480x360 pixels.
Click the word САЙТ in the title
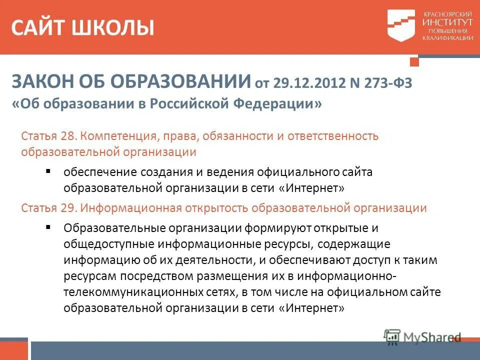click(39, 27)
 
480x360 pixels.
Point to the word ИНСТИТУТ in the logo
click(447, 23)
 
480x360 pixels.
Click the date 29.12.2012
click(308, 83)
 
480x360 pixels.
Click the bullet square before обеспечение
click(48, 171)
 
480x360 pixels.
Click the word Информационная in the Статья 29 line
click(127, 208)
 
